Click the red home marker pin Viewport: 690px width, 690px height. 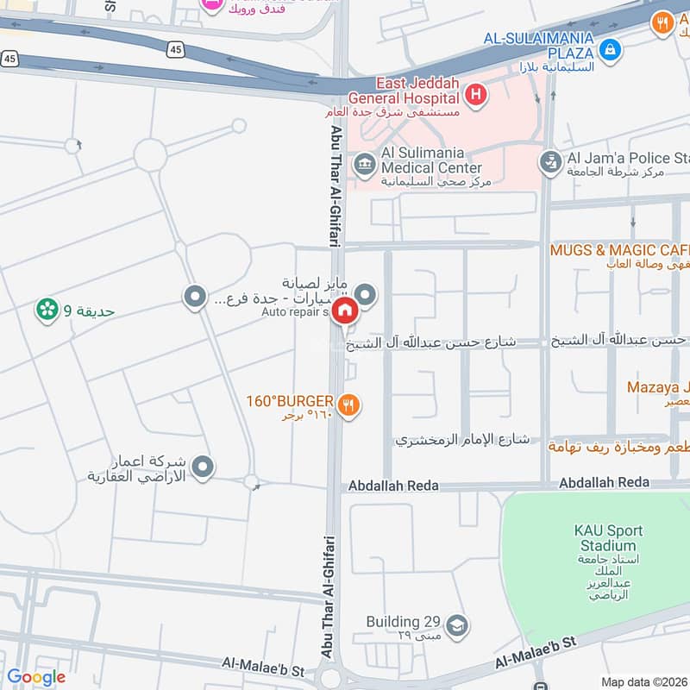(x=345, y=311)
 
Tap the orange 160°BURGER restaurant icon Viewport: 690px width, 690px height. (x=348, y=404)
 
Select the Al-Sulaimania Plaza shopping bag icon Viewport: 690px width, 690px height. (x=610, y=50)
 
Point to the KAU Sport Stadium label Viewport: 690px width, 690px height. (x=606, y=538)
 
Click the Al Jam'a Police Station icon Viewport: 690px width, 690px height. (x=549, y=161)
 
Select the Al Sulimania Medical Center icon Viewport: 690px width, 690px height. (x=365, y=162)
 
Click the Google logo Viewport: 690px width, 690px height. (x=36, y=677)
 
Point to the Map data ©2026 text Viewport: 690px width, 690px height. (x=642, y=681)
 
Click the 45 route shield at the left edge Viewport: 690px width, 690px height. (x=9, y=59)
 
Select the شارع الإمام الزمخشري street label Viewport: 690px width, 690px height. (x=461, y=439)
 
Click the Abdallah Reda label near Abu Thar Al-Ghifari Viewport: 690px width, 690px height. (x=392, y=486)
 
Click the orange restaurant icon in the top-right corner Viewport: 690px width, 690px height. (x=663, y=22)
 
